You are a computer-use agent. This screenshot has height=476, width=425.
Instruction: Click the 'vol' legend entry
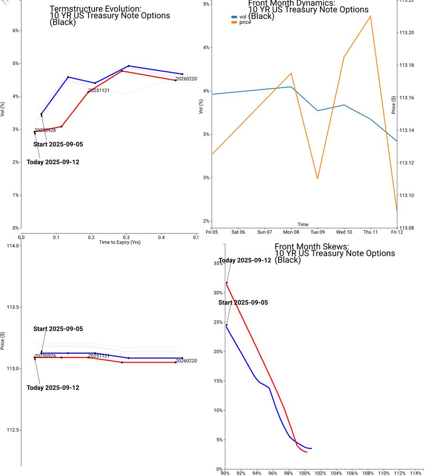tap(242, 17)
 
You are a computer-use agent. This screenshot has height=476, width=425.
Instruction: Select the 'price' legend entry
tap(245, 22)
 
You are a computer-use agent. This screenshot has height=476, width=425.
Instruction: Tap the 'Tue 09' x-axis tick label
tap(318, 232)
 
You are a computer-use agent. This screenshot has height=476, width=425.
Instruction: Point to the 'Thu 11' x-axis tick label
tap(370, 232)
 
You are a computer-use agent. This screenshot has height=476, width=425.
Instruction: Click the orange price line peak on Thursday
tap(370, 16)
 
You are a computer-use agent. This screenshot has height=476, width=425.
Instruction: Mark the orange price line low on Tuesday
tap(318, 179)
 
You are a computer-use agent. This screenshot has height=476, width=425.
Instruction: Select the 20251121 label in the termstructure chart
tap(99, 90)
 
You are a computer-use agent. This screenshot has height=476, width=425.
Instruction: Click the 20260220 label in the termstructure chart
tap(186, 79)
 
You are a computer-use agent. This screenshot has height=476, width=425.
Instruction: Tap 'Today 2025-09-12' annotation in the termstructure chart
tap(53, 162)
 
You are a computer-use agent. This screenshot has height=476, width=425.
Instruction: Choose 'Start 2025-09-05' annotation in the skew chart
tap(243, 303)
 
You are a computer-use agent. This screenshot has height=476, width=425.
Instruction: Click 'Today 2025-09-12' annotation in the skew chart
tap(245, 261)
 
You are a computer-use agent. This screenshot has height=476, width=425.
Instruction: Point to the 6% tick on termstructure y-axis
tap(15, 31)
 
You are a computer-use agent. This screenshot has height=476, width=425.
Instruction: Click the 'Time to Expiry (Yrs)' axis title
tap(119, 242)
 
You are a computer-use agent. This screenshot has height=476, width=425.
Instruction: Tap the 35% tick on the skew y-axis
tap(218, 263)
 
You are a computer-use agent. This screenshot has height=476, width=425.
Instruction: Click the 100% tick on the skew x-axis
tap(304, 474)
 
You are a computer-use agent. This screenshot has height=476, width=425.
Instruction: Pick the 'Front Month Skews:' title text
tap(311, 247)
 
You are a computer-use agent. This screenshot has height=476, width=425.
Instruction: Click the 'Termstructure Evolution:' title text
tap(96, 9)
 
